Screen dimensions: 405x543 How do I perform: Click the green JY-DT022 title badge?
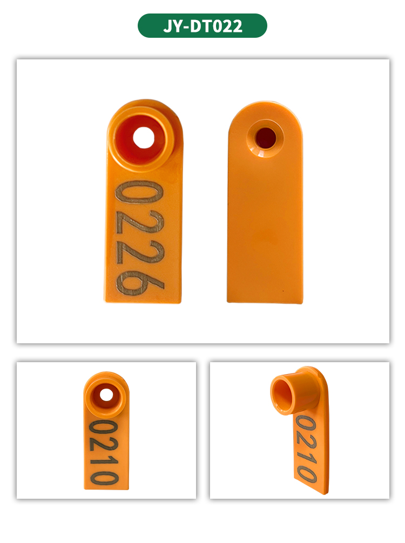tap(202, 25)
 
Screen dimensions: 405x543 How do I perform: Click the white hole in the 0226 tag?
tap(144, 138)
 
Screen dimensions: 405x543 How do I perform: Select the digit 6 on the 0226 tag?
tap(140, 282)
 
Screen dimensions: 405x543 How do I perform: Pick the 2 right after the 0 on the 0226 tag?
tap(140, 223)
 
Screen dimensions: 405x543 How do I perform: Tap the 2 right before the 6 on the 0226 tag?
tap(140, 252)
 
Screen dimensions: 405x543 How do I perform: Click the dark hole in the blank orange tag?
tap(265, 138)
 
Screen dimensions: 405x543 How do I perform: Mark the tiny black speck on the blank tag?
tap(283, 291)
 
